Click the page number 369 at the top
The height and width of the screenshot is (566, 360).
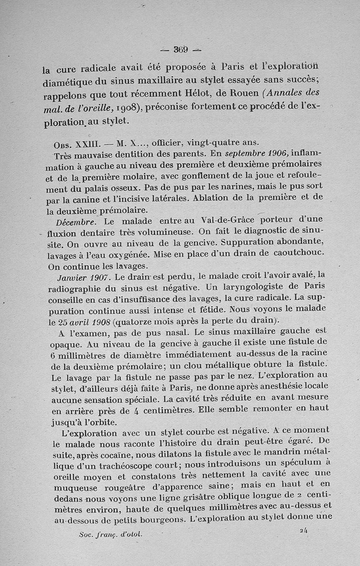point(180,49)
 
